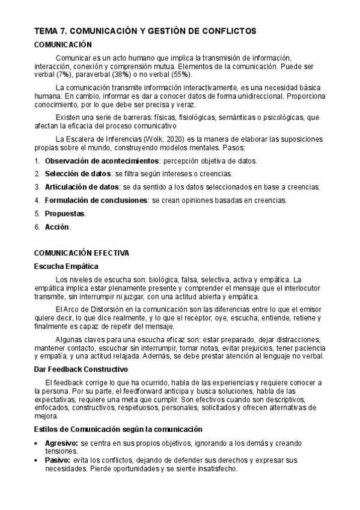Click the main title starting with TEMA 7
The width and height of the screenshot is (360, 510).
point(145,31)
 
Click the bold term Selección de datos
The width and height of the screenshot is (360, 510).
point(78,174)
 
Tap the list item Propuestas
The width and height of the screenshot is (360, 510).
point(65,214)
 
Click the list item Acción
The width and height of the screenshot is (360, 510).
point(57,227)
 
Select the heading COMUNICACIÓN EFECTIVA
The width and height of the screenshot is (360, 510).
point(81,253)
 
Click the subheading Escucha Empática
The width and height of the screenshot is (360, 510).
point(66,266)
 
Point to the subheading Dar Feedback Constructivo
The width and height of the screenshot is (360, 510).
point(85,369)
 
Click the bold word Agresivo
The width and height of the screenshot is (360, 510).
point(62,443)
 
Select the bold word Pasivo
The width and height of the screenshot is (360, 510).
point(58,460)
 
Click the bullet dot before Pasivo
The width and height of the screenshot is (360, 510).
point(37,460)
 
